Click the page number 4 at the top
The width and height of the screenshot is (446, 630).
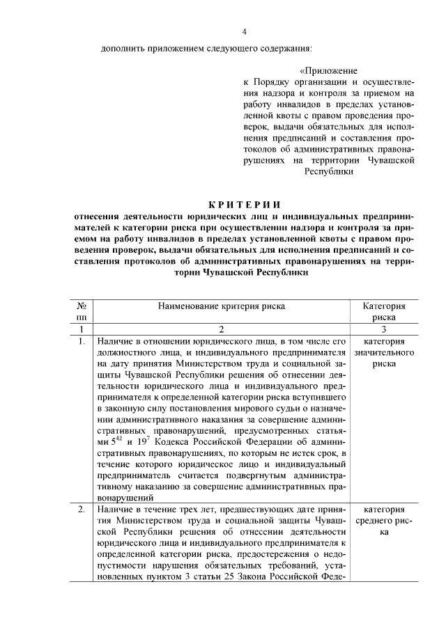click(x=244, y=31)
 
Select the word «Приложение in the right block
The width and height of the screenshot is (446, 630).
click(x=328, y=71)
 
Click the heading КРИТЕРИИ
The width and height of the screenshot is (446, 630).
click(x=244, y=204)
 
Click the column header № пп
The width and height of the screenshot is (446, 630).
click(x=82, y=310)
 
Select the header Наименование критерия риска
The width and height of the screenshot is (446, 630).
click(x=222, y=305)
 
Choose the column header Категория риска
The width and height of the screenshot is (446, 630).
click(x=385, y=310)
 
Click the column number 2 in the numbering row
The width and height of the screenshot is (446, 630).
click(x=222, y=329)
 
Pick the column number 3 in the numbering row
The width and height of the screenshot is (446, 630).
click(x=385, y=329)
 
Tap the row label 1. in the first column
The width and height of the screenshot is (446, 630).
click(x=82, y=341)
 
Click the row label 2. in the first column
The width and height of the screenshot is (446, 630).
click(x=82, y=510)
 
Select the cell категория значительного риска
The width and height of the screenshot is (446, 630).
click(x=385, y=352)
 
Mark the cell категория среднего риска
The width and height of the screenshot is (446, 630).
click(x=385, y=521)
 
